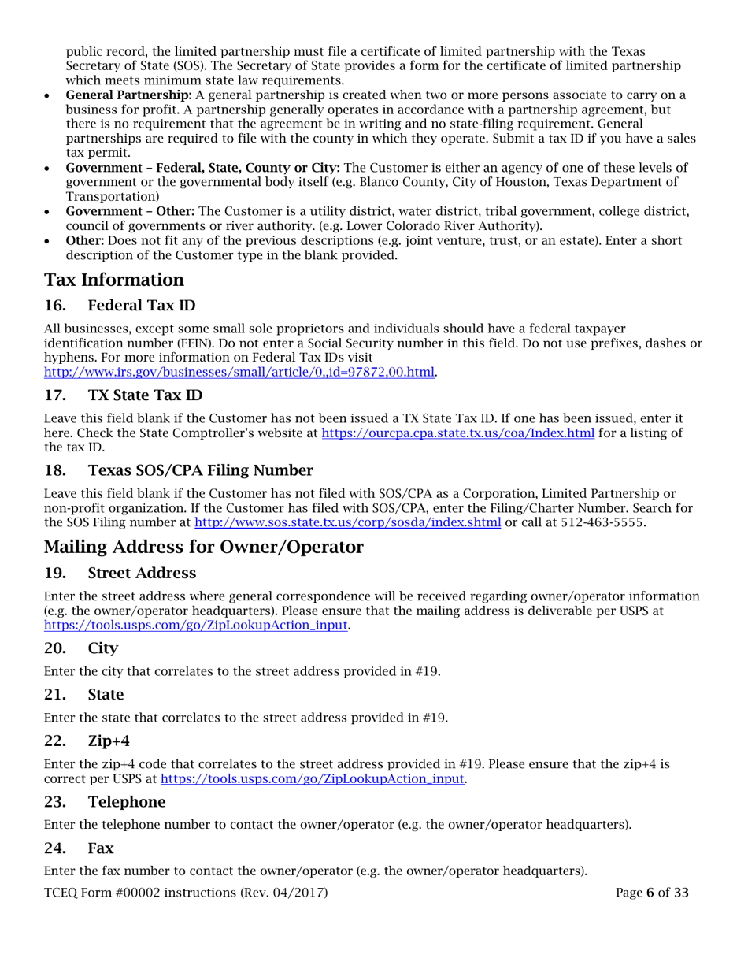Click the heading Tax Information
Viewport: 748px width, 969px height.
(x=114, y=280)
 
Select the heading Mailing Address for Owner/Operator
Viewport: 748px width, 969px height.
(x=204, y=547)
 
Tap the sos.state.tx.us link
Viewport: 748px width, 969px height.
(x=347, y=522)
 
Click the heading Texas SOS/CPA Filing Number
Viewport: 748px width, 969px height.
(x=200, y=471)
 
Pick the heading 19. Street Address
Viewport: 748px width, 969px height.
(x=130, y=572)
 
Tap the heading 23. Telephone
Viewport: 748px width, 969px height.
(x=117, y=802)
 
